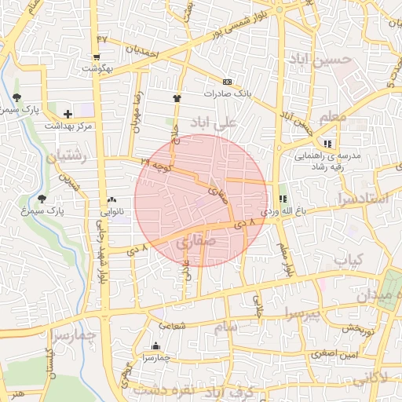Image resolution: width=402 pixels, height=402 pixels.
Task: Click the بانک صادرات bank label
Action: coord(227,93)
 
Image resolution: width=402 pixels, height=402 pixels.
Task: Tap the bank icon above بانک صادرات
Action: coord(227,82)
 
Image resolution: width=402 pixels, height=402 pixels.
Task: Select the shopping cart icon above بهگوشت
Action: coord(96,57)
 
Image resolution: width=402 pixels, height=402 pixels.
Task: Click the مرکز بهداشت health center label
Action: coord(68,126)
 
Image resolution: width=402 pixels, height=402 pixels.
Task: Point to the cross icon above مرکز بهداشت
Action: coord(68,115)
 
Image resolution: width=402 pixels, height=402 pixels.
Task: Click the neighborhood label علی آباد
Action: coord(217,124)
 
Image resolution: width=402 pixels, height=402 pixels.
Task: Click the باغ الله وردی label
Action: coord(281,212)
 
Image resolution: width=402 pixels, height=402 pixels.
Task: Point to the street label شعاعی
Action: coord(174,324)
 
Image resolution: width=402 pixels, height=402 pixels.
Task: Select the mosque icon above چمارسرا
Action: coord(155,345)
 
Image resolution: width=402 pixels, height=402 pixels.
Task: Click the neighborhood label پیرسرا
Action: coord(302,314)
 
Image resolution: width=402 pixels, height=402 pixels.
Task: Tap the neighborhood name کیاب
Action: coord(349,259)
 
